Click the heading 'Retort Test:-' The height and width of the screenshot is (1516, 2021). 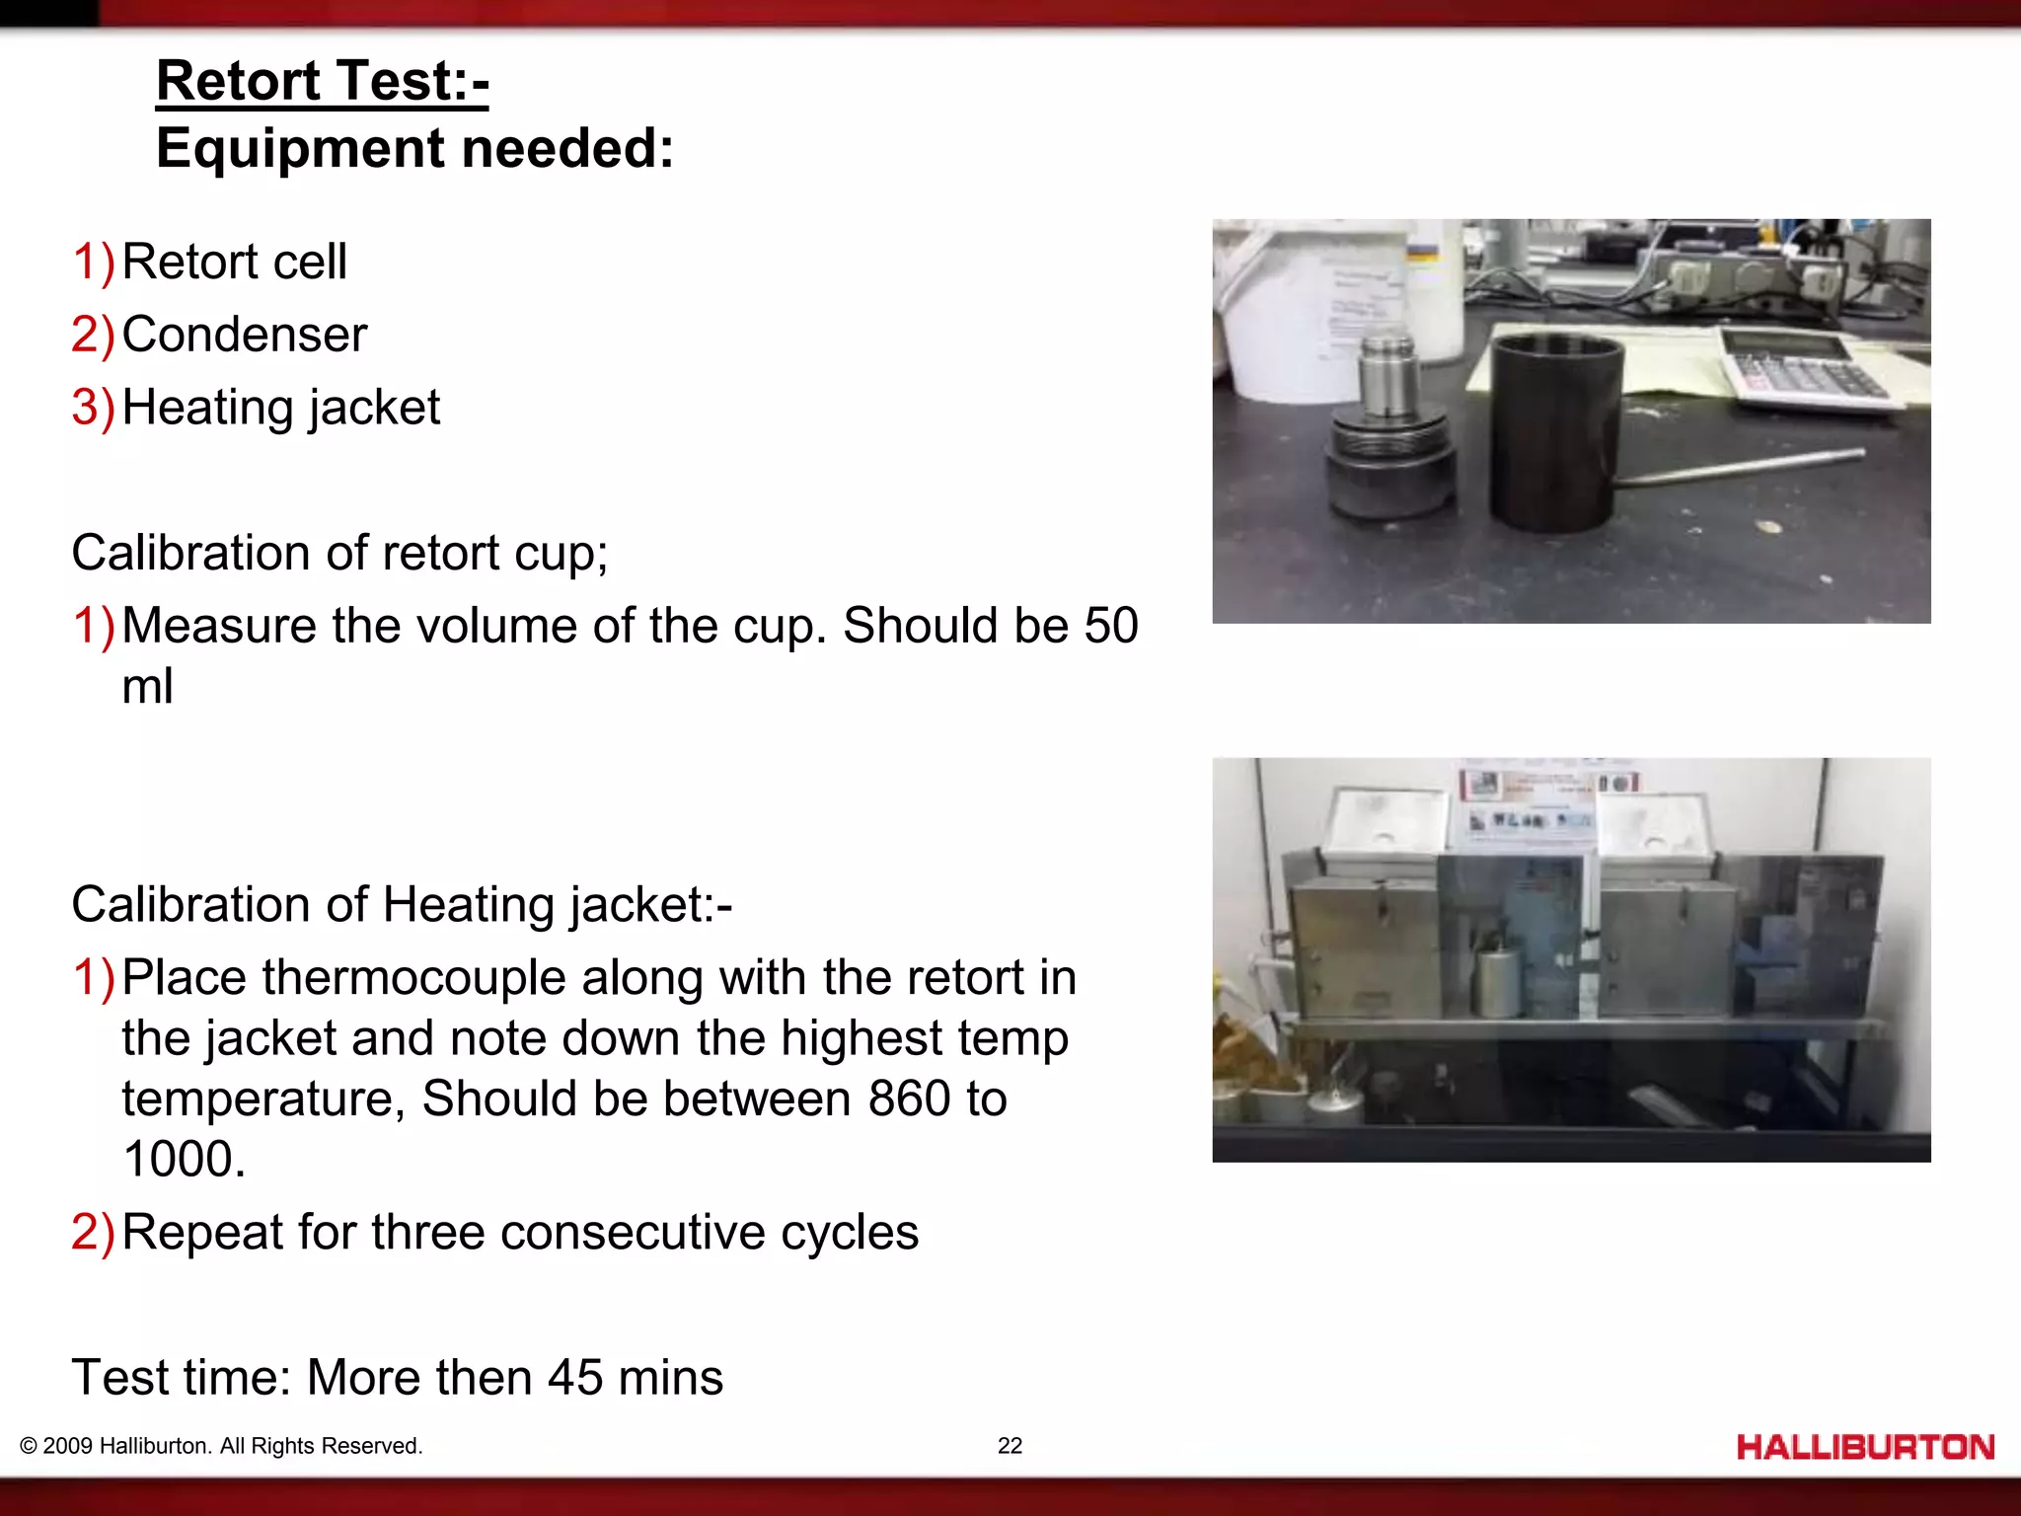(322, 81)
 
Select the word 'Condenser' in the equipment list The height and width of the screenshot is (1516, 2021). (244, 335)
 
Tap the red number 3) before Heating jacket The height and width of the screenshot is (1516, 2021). (93, 408)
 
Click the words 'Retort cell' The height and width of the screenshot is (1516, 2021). (234, 262)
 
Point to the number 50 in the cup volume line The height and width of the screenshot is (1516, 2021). (1110, 626)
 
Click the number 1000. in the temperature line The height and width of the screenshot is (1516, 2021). (184, 1160)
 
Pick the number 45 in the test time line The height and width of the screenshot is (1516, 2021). (574, 1378)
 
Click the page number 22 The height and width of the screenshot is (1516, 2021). (1010, 1446)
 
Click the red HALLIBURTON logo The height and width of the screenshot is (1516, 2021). (1865, 1448)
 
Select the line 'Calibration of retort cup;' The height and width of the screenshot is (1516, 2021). (339, 553)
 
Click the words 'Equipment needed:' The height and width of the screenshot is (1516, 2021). (414, 149)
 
